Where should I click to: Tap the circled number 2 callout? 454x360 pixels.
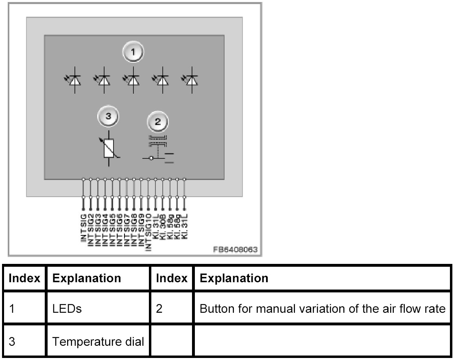pyautogui.click(x=158, y=121)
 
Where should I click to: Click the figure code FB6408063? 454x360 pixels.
pyautogui.click(x=236, y=250)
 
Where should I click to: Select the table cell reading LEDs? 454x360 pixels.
pyautogui.click(x=67, y=308)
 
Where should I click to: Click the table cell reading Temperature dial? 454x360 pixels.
pyautogui.click(x=98, y=341)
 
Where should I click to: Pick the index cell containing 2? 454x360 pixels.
pyautogui.click(x=159, y=308)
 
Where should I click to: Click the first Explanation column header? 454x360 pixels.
pyautogui.click(x=87, y=278)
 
